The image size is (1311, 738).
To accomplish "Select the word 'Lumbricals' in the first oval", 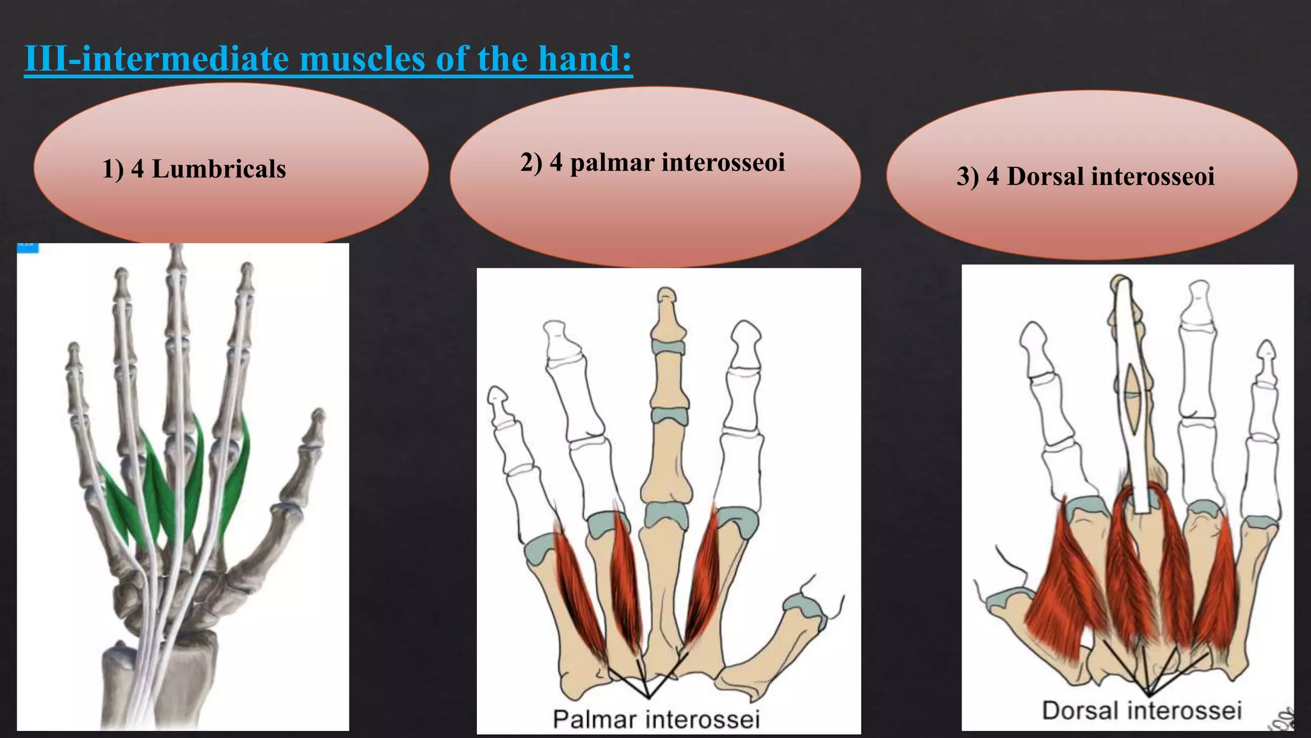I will pos(219,169).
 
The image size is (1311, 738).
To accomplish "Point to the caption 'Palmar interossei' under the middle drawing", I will pos(656,719).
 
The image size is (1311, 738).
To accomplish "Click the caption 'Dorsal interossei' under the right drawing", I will pos(1141,710).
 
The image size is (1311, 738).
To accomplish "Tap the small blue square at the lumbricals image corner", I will pos(28,247).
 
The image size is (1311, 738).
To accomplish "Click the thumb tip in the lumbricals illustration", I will pos(316,418).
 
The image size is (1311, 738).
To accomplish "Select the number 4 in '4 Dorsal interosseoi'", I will pos(992,176).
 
